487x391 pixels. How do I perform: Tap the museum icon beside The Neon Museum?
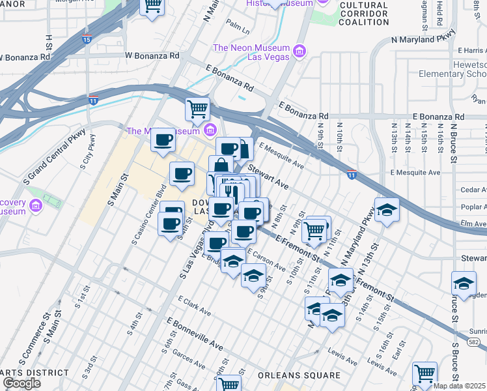pyautogui.click(x=299, y=51)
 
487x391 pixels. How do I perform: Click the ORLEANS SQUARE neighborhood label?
pyautogui.click(x=298, y=375)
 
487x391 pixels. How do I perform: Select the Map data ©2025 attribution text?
pyautogui.click(x=460, y=386)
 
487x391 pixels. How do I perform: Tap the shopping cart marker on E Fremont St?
pyautogui.click(x=314, y=230)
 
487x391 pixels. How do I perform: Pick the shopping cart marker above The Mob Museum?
pyautogui.click(x=197, y=109)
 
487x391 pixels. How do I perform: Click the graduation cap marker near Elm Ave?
pyautogui.click(x=387, y=210)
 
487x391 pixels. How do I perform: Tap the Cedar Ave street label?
pyautogui.click(x=473, y=190)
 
